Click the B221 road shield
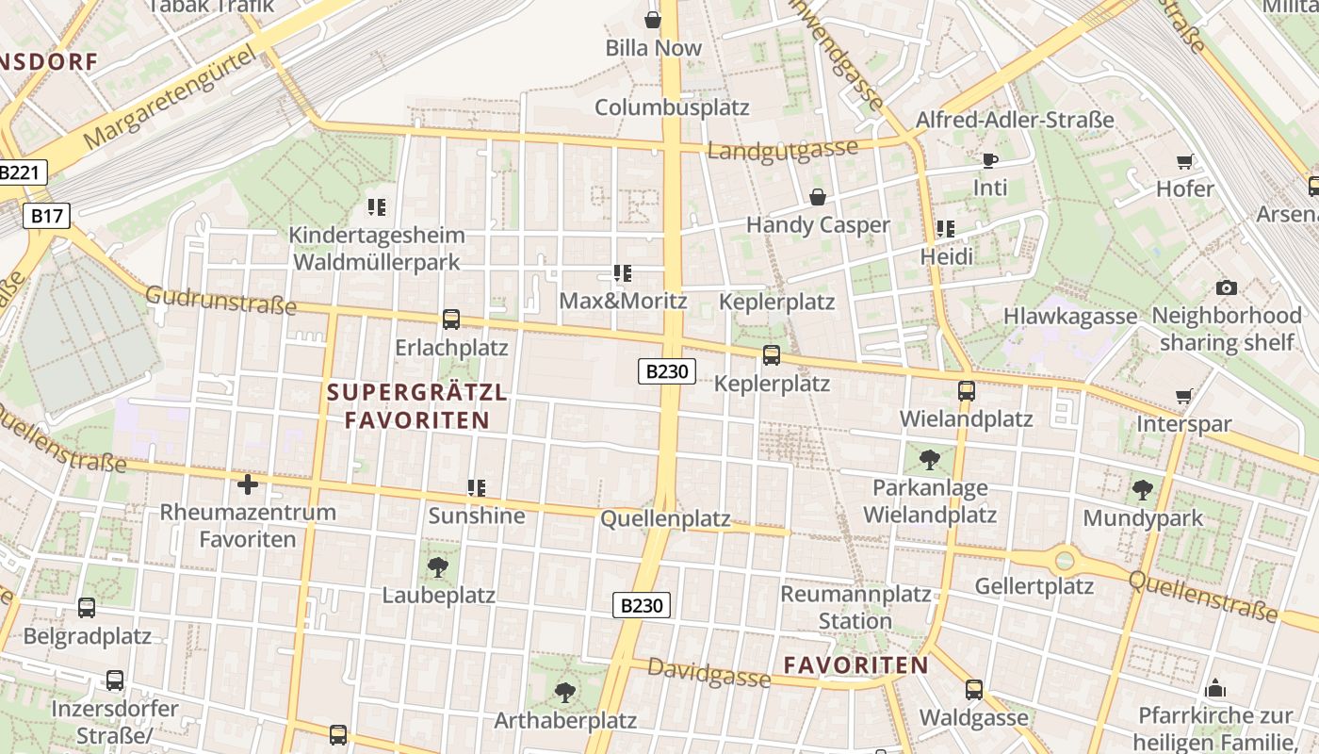[19, 173]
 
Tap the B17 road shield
[46, 216]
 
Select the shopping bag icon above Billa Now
[653, 19]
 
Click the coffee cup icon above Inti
[989, 160]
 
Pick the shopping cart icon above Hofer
[1185, 161]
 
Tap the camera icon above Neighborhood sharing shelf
[1227, 287]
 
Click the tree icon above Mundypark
[1143, 489]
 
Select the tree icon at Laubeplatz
[437, 566]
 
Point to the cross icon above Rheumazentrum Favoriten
[248, 484]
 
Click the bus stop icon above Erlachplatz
[451, 320]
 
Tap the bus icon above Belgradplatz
[87, 608]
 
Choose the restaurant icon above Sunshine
[477, 487]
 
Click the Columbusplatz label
[672, 107]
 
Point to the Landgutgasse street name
[783, 151]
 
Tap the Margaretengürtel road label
[171, 97]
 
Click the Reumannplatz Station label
[855, 607]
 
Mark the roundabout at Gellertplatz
[1065, 561]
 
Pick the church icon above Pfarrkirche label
[1215, 687]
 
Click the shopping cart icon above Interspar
[1184, 396]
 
